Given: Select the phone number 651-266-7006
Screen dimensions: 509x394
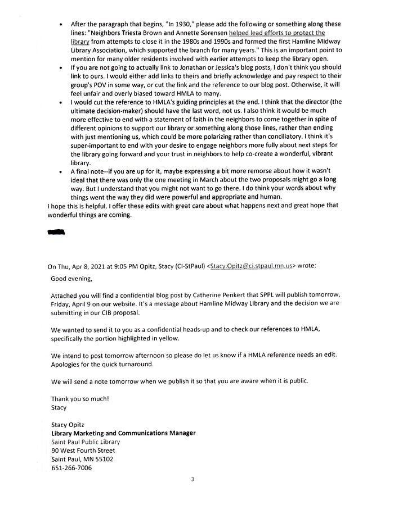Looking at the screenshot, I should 71,468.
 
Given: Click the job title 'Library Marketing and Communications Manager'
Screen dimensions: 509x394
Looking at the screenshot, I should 123,433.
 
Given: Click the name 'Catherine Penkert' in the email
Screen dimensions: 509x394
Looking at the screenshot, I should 240,296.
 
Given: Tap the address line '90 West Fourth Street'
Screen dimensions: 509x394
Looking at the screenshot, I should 83,451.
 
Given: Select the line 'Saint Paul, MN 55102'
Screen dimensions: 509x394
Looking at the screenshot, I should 82,459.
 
